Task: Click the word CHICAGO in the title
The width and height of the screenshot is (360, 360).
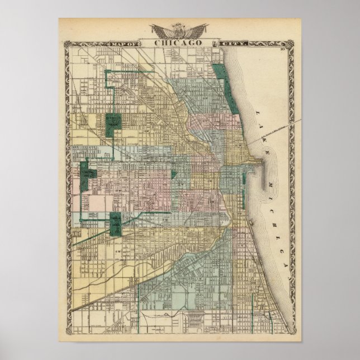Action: tap(179, 43)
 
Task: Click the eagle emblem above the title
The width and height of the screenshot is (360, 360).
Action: tap(179, 31)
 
